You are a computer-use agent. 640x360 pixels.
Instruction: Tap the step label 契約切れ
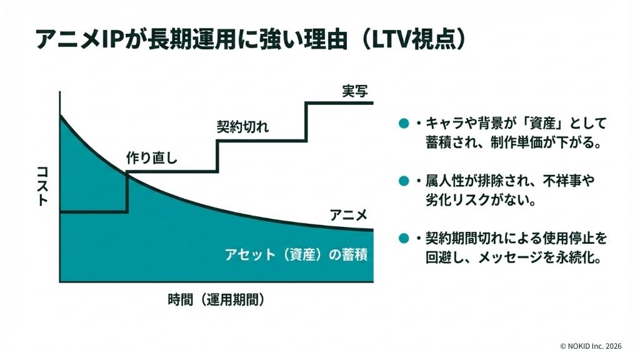[242, 127]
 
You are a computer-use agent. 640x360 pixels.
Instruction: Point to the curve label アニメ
[347, 216]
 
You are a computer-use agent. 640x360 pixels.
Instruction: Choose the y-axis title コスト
[42, 186]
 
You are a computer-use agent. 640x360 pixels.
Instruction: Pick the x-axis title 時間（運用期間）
[216, 299]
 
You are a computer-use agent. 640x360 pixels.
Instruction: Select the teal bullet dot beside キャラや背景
[404, 123]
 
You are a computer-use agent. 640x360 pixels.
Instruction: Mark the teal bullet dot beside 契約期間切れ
[404, 239]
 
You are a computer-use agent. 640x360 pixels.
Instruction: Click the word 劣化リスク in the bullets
[460, 201]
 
